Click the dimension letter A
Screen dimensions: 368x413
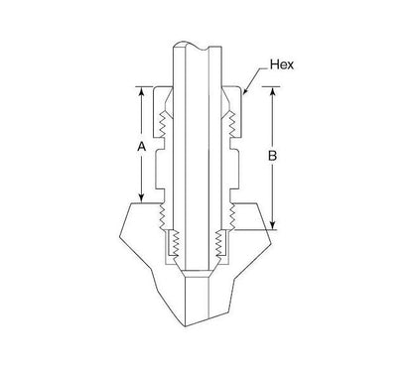pyautogui.click(x=141, y=146)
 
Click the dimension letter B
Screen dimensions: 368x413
pyautogui.click(x=274, y=157)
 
